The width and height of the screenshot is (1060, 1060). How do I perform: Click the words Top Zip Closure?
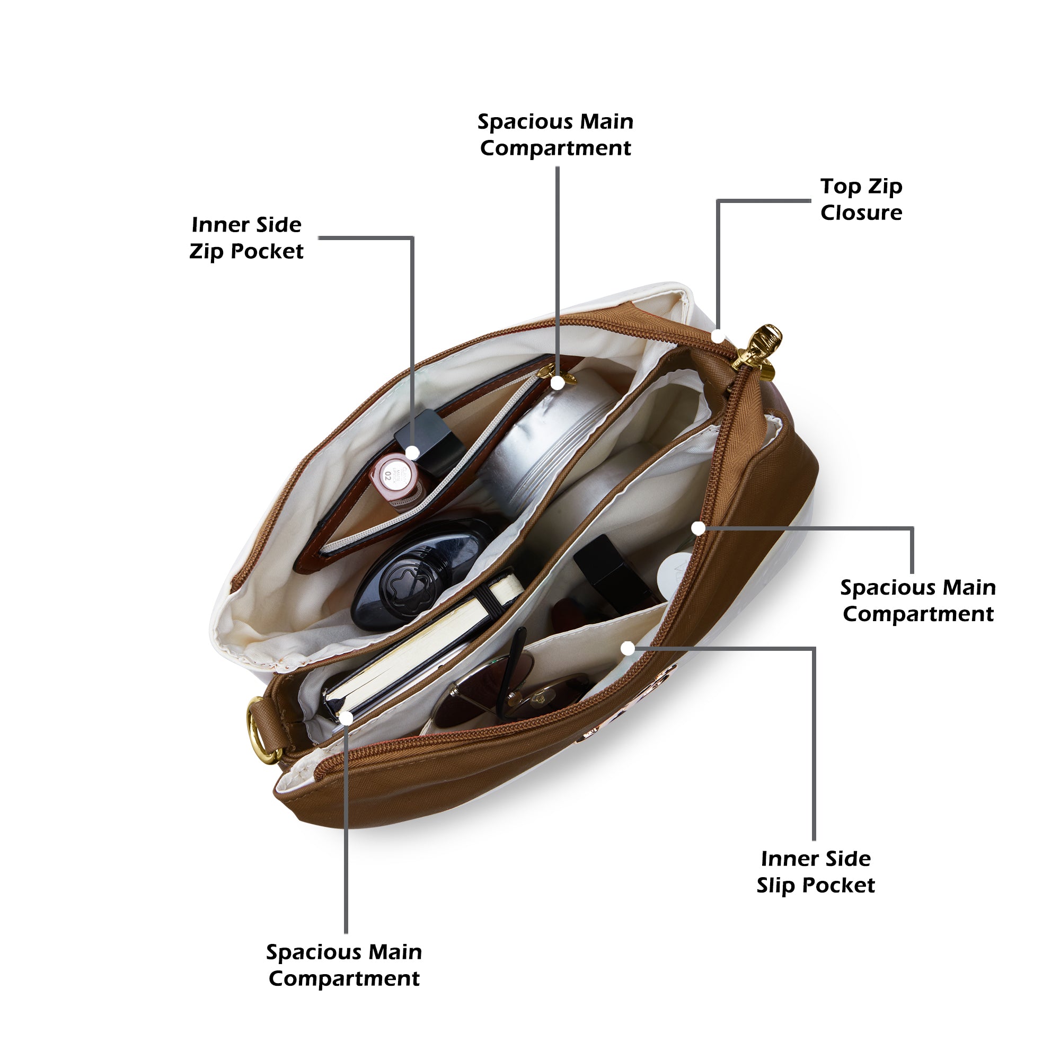[861, 200]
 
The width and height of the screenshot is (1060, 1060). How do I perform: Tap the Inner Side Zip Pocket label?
[246, 238]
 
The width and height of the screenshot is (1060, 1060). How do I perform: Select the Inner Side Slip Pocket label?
[815, 872]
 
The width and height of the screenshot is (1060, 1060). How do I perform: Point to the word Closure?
[861, 213]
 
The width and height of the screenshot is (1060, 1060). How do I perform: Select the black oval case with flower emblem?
[420, 573]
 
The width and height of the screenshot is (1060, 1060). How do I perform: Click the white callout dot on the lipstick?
[412, 453]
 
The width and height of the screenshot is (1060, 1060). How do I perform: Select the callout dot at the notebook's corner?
[346, 718]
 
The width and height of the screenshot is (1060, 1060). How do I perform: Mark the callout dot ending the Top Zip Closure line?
[718, 336]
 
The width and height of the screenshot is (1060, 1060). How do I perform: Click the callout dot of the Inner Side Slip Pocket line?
[628, 649]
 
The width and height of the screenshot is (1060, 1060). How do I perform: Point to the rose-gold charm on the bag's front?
[625, 705]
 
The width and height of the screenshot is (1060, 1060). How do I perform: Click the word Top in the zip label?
[841, 187]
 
